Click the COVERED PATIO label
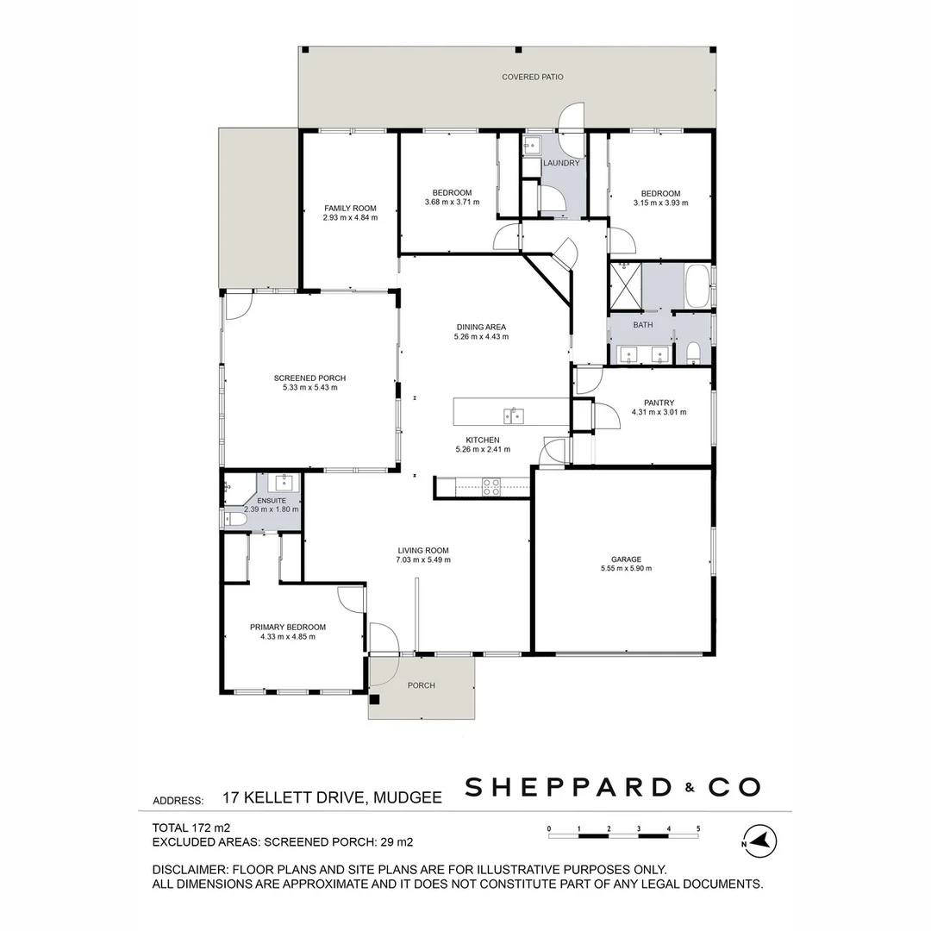point(533,78)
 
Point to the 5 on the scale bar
point(698,829)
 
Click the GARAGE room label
point(626,559)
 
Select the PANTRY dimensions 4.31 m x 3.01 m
point(659,412)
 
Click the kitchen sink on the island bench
point(513,416)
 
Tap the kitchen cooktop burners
point(491,487)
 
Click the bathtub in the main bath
point(697,286)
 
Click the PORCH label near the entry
point(422,685)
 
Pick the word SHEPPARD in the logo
point(568,787)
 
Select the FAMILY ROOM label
point(350,209)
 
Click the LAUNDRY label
point(561,163)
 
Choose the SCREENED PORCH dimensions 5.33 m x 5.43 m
point(309,388)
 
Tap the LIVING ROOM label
point(423,550)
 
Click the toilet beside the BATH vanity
point(694,352)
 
